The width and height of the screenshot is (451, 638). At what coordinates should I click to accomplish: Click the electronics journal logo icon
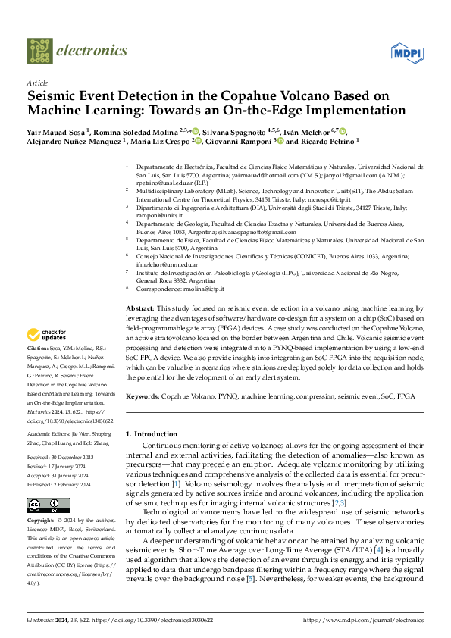[40, 51]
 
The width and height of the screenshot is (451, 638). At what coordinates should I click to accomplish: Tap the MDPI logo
[406, 52]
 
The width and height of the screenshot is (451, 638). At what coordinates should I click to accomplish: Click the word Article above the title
[36, 83]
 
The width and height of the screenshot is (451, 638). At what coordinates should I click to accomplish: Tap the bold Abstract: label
[139, 310]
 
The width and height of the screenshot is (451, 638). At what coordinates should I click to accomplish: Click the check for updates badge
[49, 335]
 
